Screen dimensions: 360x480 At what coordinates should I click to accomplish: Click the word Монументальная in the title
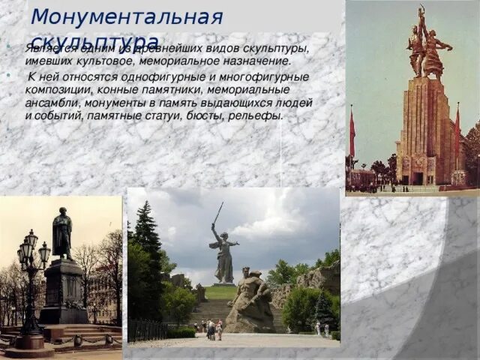[127, 16]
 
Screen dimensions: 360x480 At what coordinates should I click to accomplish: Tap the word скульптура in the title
[94, 40]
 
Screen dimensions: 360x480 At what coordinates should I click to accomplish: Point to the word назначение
[253, 61]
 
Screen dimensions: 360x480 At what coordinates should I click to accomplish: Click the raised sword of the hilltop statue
[218, 214]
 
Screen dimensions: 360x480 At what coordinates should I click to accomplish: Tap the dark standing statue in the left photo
[62, 234]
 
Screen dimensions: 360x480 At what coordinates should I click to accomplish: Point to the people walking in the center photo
[213, 328]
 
